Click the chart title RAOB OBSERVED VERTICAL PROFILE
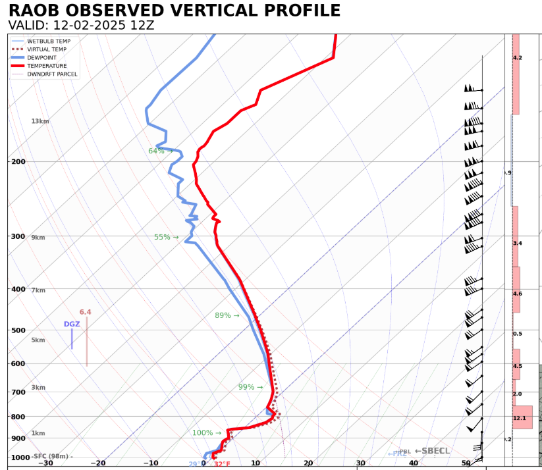tap(175, 11)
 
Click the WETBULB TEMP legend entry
tap(49, 41)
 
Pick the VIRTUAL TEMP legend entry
tap(46, 49)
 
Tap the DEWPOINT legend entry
tap(43, 58)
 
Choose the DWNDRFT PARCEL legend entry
tap(52, 74)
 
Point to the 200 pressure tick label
tap(18, 161)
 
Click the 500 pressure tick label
tap(18, 330)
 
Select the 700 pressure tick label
tap(18, 392)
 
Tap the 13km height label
tap(40, 121)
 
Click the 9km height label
tap(38, 238)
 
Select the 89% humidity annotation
tap(223, 316)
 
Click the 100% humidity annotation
tap(203, 433)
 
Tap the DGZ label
tap(72, 325)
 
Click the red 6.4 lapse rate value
tap(86, 312)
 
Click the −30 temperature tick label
tap(45, 463)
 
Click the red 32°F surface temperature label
tap(222, 464)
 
